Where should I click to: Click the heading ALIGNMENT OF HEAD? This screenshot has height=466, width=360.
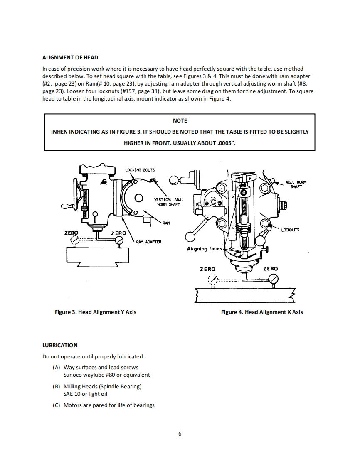click(70, 57)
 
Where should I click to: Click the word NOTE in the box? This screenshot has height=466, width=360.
click(180, 120)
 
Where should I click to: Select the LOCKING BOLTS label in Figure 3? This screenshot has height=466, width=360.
click(140, 170)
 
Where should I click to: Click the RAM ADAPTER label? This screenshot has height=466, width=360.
click(148, 241)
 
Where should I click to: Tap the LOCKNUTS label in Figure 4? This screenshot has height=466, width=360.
click(290, 230)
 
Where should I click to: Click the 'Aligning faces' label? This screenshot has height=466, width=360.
click(204, 249)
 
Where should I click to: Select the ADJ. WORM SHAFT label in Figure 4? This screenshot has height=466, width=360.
click(296, 184)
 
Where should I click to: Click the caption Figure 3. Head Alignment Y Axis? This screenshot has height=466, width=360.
click(96, 312)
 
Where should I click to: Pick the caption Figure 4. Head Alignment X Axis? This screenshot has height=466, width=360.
click(262, 312)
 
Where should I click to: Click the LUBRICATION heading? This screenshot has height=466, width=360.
click(60, 345)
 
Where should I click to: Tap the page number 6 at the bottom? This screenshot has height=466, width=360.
click(180, 434)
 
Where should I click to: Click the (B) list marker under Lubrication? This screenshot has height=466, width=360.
click(57, 386)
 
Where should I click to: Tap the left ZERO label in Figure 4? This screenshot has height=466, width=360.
click(207, 269)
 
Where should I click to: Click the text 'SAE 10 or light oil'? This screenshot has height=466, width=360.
click(85, 394)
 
